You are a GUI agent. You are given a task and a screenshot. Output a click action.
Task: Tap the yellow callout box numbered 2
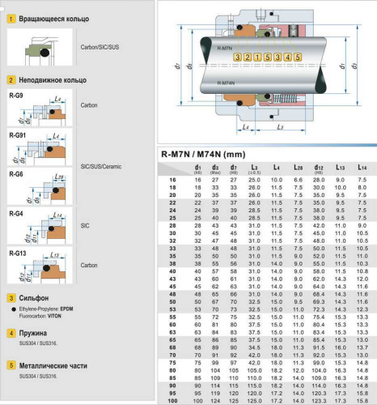pos(239,58)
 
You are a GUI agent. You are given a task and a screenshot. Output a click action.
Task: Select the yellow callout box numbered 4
pos(280,58)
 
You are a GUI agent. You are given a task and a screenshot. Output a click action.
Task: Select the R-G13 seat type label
pos(17,254)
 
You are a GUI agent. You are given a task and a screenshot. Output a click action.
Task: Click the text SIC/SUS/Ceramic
pos(100,166)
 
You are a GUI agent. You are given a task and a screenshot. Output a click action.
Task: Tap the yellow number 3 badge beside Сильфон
pos(11,298)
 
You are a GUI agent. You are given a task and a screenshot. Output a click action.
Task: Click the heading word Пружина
pos(33,333)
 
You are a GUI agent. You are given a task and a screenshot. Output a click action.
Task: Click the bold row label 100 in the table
pos(172,401)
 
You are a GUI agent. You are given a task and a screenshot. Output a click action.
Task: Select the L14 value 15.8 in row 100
pos(362,401)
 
